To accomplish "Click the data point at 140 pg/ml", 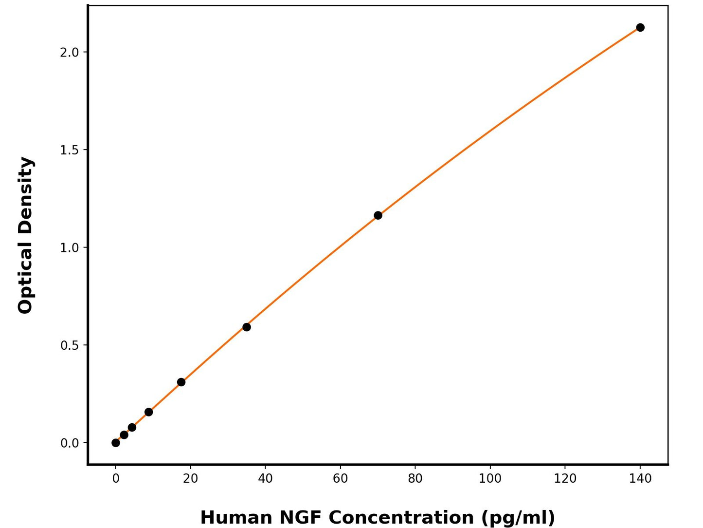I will [x=640, y=27].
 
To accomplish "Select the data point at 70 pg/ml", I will [x=378, y=215].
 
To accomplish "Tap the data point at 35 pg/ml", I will [x=247, y=327].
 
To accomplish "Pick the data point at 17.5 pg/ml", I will [x=181, y=382].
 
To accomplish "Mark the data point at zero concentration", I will [x=116, y=443].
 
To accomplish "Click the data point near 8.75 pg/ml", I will [x=148, y=412].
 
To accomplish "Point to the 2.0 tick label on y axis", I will [x=70, y=52].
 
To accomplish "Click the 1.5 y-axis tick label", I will [x=70, y=150].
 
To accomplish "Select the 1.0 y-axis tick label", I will [x=70, y=247].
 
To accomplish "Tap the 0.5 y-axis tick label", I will [x=70, y=345].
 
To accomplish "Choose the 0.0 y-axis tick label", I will [x=70, y=443].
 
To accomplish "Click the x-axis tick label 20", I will [x=190, y=479].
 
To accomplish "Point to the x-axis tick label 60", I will [x=340, y=479].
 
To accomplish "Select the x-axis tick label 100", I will [x=490, y=479].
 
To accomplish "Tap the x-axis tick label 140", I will [x=640, y=479].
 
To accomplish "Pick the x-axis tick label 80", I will [x=415, y=479].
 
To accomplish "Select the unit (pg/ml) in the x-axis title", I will [x=518, y=517].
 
